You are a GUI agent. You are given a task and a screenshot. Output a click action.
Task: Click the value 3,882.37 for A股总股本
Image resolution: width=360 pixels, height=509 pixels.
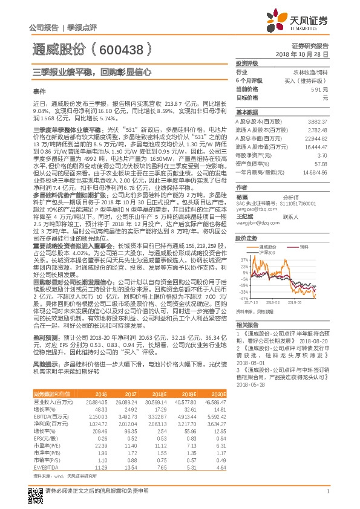(x=318, y=122)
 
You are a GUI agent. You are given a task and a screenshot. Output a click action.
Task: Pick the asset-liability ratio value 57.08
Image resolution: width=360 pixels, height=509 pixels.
(x=321, y=163)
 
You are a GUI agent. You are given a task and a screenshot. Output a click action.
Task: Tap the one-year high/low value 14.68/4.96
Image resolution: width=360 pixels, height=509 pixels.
(x=315, y=172)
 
